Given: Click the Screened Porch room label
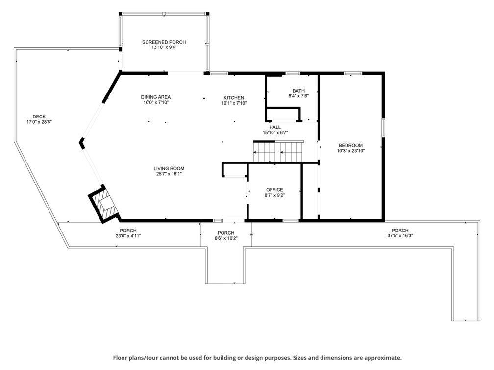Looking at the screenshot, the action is [x=164, y=42].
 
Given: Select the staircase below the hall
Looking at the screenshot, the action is [x=278, y=151].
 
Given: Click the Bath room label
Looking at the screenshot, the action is [x=298, y=91].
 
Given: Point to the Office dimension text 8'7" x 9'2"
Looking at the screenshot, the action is [x=275, y=195].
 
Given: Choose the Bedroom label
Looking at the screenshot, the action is [x=351, y=145].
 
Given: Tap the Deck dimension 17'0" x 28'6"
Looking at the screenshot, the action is [x=39, y=122].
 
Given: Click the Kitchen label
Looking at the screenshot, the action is [x=234, y=98].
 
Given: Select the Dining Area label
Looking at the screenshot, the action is [x=156, y=97].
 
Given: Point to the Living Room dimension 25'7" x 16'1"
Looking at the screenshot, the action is [x=169, y=174].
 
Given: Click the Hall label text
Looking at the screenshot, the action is [x=275, y=127].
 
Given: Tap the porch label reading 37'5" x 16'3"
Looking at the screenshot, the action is [x=400, y=236].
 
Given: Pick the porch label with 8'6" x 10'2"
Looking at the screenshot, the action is [x=226, y=238].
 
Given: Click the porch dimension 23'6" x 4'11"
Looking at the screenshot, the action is [x=128, y=236].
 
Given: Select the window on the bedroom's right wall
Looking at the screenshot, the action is [x=383, y=127].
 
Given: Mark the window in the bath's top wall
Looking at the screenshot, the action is [x=293, y=73].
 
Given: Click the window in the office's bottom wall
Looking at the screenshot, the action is [x=291, y=221].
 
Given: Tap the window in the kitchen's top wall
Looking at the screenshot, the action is [x=219, y=73].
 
